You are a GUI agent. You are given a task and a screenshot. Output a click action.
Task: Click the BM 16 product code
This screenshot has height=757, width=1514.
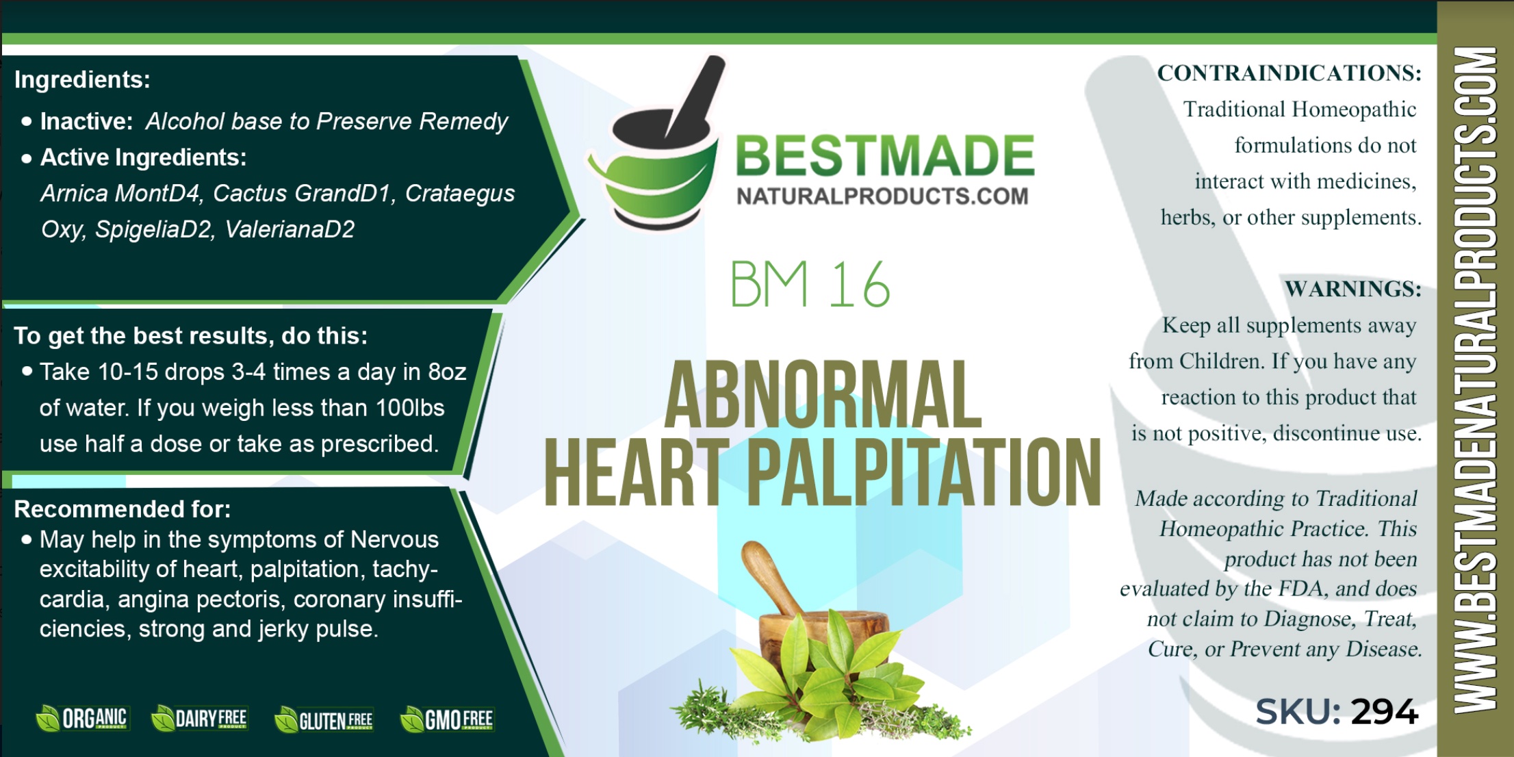point(810,284)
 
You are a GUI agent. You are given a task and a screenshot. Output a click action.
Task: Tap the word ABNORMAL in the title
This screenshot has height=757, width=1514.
point(823,395)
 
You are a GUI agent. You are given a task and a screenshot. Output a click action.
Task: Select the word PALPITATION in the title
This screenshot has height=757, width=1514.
point(924,472)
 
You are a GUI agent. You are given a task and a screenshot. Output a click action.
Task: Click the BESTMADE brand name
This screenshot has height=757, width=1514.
point(885,155)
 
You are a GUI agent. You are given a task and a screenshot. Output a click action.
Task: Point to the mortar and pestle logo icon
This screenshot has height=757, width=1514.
point(655,143)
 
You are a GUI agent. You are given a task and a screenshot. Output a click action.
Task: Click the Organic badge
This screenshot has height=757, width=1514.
point(82,719)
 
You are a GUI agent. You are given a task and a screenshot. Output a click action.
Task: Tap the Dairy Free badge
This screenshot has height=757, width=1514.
point(199,719)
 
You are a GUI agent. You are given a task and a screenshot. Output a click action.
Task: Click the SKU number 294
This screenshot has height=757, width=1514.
point(1384,712)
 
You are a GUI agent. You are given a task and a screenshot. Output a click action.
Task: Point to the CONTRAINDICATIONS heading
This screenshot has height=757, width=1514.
point(1290,73)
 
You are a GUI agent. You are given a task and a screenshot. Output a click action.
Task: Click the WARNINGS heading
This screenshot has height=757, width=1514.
point(1353,289)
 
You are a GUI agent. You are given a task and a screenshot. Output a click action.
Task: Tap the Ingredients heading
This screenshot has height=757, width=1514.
point(82,80)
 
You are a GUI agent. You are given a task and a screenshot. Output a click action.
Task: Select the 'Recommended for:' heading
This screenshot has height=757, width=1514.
point(123,509)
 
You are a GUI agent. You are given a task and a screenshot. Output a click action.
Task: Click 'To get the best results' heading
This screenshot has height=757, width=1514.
point(191,336)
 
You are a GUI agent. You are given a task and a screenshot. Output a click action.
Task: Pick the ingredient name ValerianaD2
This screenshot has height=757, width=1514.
point(290,229)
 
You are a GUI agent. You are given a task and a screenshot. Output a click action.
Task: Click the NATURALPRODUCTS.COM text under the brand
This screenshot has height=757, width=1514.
point(882,196)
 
